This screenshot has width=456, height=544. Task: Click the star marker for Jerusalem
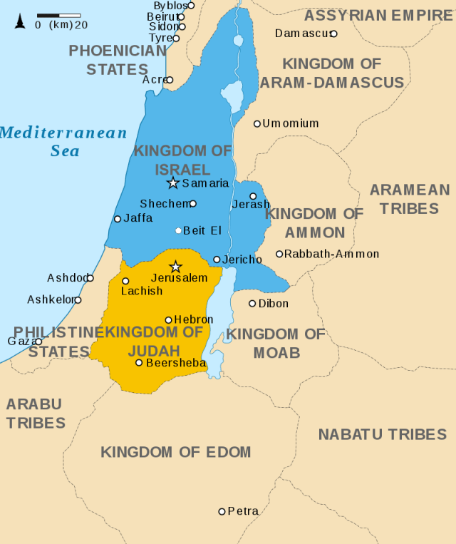point(176,267)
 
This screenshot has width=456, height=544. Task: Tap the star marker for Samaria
point(172,183)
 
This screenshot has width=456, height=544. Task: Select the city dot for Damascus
point(333,34)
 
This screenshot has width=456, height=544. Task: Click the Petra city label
point(243,511)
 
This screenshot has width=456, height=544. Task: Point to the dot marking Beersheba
point(139,363)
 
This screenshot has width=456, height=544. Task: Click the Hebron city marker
point(169,320)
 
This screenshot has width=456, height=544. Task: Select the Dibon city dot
point(252,304)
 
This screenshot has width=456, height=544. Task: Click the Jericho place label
point(242,260)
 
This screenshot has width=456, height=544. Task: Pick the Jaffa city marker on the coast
point(118,219)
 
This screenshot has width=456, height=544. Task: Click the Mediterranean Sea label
point(64,141)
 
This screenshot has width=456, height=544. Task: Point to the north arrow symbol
point(20,21)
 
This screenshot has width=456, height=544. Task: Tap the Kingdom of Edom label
point(175,451)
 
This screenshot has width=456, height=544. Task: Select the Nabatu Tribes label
point(382,434)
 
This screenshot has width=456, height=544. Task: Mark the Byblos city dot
point(191,5)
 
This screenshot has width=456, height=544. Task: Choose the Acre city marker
point(170,80)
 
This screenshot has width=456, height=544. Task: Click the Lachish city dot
point(125,281)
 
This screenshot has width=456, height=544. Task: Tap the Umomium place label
point(290,123)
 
